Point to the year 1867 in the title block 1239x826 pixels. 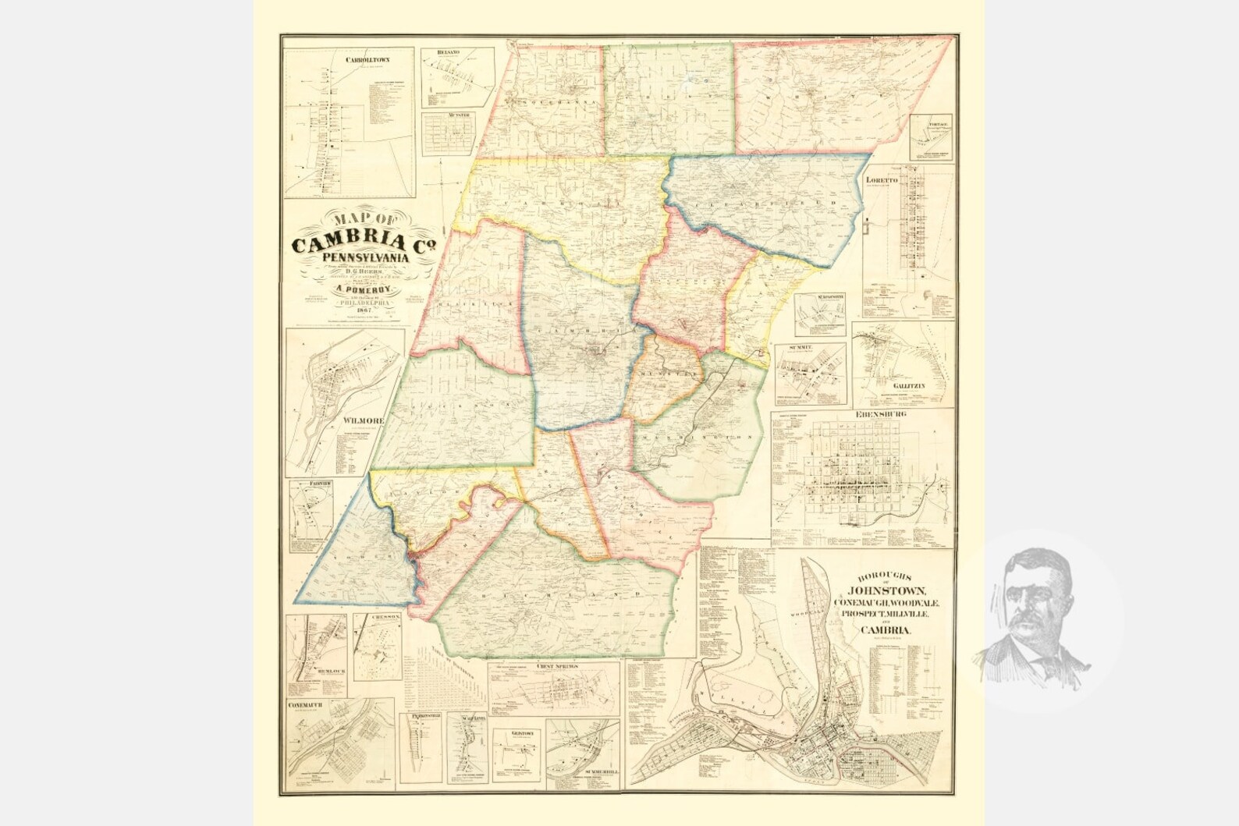click(360, 311)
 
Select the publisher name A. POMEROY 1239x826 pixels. click(361, 288)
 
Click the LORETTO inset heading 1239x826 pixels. click(882, 179)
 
